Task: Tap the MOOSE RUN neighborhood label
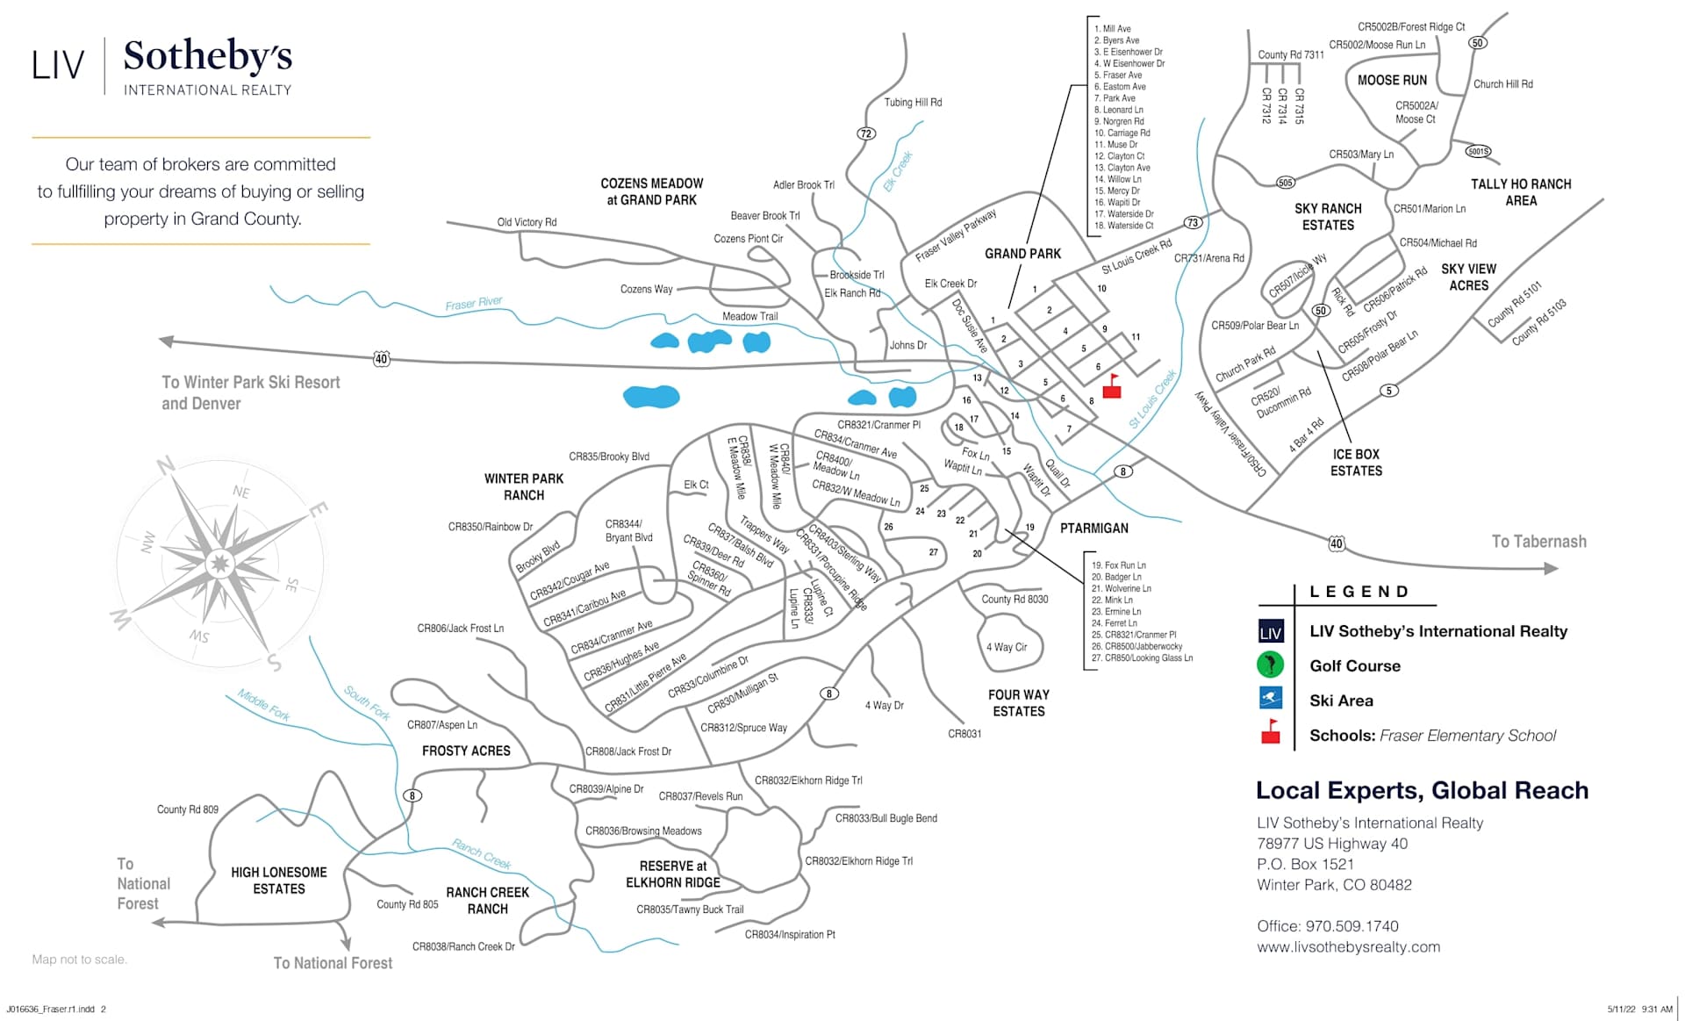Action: point(1392,80)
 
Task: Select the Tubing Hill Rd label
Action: point(913,103)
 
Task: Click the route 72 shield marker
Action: point(866,133)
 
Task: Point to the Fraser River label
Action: point(474,304)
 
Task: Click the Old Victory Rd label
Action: point(527,222)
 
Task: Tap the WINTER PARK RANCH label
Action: point(524,486)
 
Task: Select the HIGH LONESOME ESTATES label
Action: point(279,881)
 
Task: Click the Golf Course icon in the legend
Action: point(1270,665)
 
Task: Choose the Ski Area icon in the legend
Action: point(1270,700)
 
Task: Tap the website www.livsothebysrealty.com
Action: point(1348,947)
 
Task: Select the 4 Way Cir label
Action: point(1007,647)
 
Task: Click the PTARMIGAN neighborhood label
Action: point(1094,528)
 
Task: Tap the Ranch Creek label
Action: point(481,853)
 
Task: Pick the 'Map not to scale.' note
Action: point(80,960)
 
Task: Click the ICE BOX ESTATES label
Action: point(1356,463)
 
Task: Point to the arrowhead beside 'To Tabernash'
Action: point(1551,569)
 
